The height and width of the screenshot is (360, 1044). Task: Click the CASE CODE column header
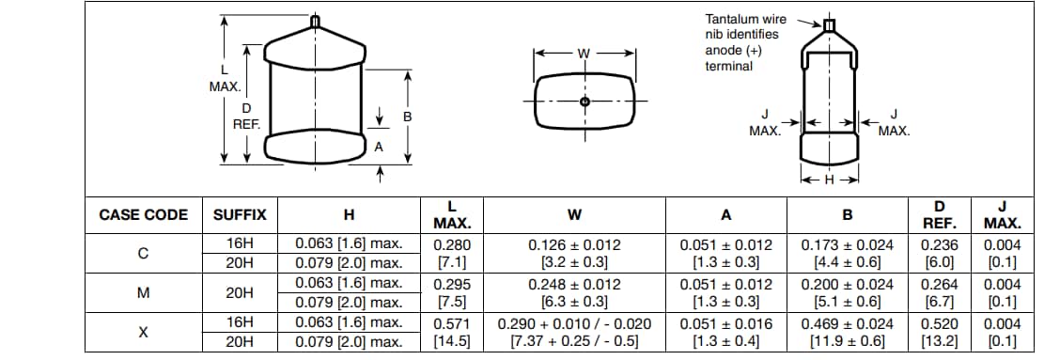click(144, 215)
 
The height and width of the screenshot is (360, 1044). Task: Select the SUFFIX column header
click(240, 215)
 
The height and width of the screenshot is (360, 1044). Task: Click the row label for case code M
click(144, 292)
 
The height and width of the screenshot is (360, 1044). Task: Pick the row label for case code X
click(144, 332)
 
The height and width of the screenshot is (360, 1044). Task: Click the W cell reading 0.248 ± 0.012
click(574, 284)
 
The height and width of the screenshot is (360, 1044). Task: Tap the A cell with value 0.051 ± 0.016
click(725, 322)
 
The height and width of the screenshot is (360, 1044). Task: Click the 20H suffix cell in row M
click(240, 292)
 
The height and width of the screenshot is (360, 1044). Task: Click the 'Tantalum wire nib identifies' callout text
click(742, 26)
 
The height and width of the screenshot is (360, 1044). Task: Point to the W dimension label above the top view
click(584, 53)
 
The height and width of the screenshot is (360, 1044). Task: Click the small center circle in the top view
click(584, 102)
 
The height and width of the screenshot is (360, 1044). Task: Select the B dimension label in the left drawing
click(407, 117)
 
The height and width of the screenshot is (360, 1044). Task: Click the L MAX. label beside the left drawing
click(224, 78)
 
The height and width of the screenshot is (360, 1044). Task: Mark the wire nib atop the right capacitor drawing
click(829, 25)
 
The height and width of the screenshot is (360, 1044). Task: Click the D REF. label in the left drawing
click(246, 117)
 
